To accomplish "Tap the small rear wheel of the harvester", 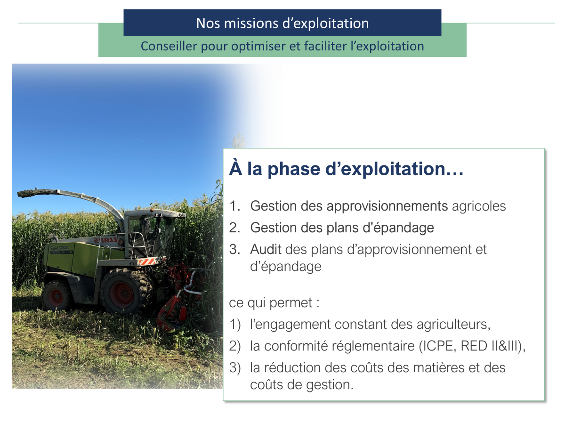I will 56,296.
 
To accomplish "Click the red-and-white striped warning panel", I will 151,261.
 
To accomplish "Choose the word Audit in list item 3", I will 266,249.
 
